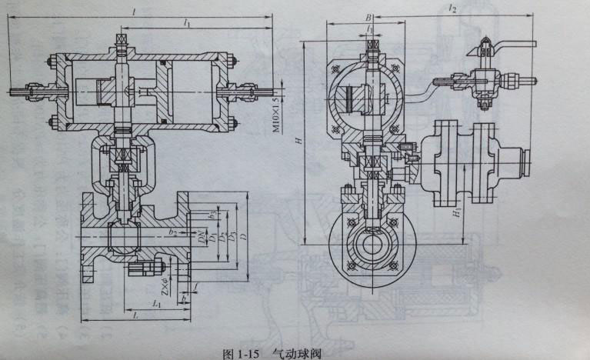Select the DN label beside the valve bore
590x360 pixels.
[x=202, y=236]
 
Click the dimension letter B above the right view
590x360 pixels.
[x=369, y=16]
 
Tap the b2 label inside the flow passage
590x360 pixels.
[x=174, y=231]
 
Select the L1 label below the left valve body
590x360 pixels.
[x=156, y=304]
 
